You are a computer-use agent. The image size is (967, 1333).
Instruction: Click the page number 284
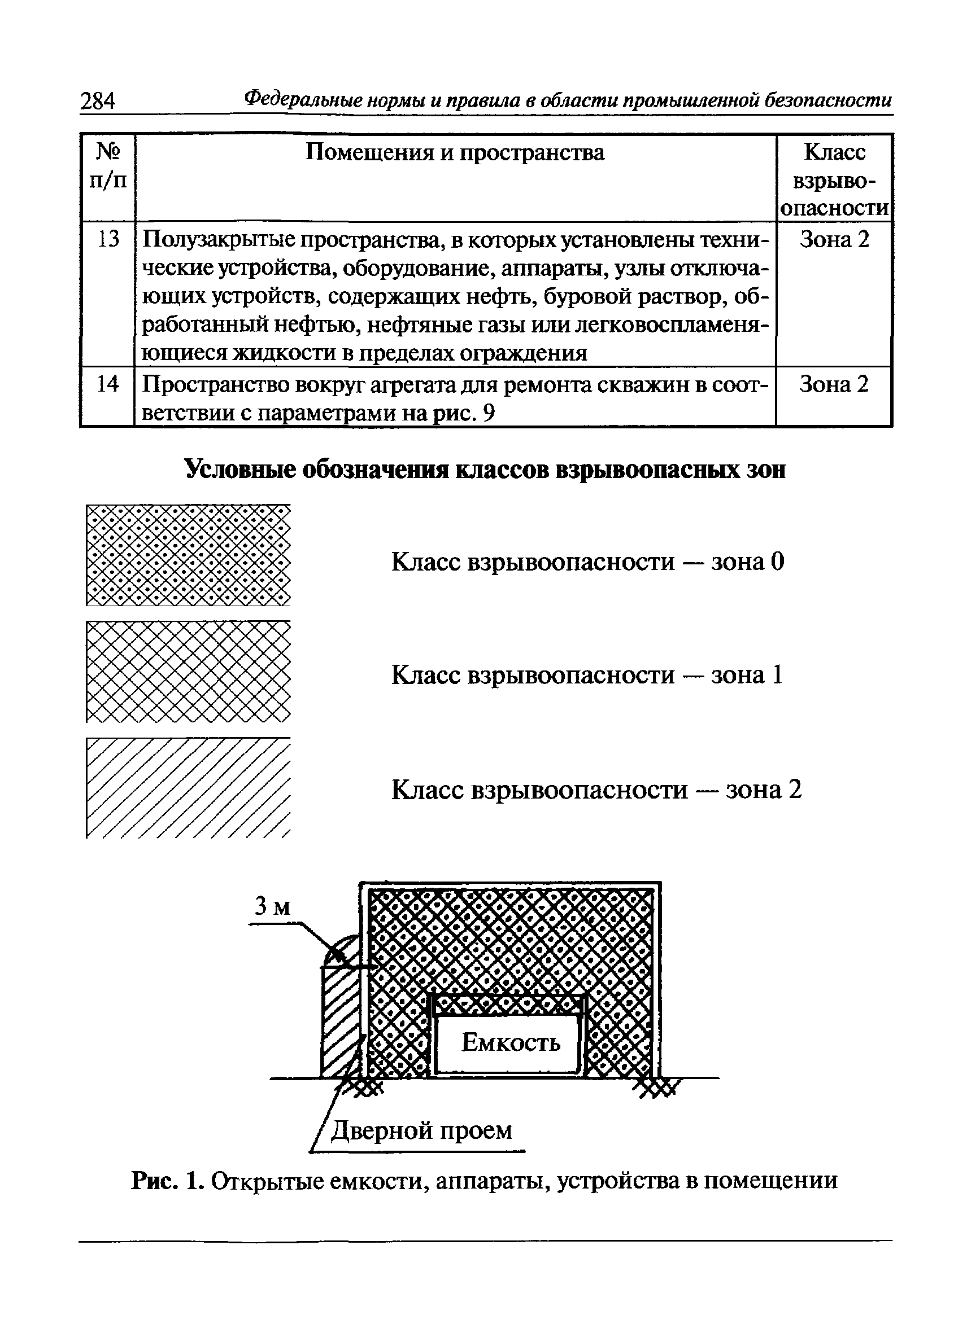tap(98, 100)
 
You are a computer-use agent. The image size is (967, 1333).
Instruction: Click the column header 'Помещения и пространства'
tap(455, 152)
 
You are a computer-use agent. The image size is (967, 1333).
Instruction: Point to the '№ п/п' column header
tap(108, 166)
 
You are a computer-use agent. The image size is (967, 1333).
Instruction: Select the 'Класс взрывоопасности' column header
tap(834, 180)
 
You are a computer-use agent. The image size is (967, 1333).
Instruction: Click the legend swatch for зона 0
tap(188, 555)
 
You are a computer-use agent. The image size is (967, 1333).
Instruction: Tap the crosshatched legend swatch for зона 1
tap(188, 671)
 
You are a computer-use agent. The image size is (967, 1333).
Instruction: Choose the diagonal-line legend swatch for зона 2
tap(188, 788)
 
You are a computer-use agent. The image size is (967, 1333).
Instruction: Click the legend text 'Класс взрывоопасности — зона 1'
tap(587, 675)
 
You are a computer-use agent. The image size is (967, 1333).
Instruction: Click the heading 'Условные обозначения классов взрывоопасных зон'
tap(485, 470)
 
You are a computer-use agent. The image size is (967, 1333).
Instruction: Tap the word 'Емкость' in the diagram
tap(511, 1043)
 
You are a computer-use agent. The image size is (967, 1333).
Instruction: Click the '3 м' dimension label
tap(272, 906)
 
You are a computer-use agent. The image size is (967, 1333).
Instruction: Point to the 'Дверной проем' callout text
tap(422, 1130)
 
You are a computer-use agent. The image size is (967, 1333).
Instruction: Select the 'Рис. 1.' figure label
tap(168, 1180)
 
